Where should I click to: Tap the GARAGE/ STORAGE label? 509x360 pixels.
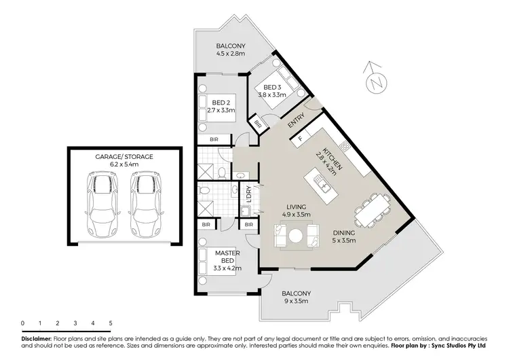click(x=124, y=156)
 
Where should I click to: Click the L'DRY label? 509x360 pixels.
click(x=249, y=194)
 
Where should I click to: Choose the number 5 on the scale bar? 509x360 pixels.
click(x=111, y=323)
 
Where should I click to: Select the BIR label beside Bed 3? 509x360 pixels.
click(x=258, y=124)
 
